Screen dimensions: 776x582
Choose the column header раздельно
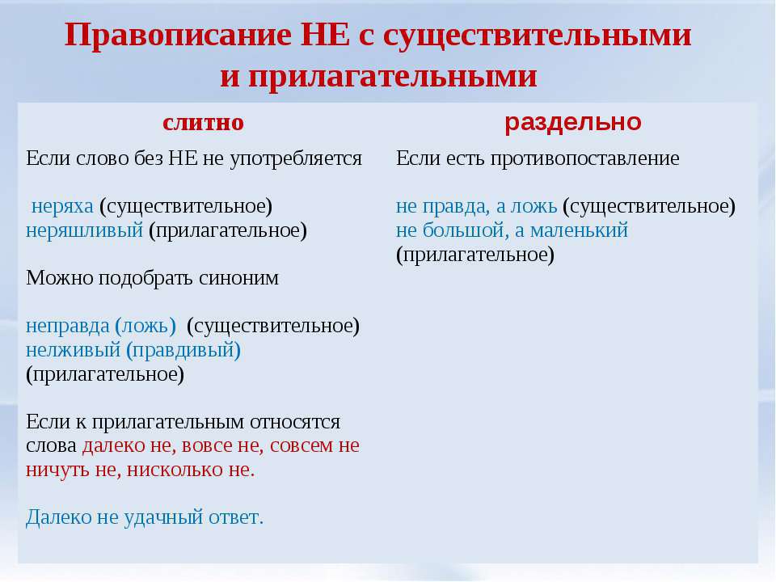(x=572, y=122)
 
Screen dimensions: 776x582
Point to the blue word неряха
(x=62, y=206)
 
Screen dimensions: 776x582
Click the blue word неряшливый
(x=85, y=230)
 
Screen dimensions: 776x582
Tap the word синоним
(x=239, y=277)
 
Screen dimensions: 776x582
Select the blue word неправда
(x=68, y=326)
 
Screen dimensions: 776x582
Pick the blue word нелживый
(x=74, y=350)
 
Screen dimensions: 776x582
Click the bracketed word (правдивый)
(x=183, y=350)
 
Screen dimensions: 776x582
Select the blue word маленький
(x=579, y=230)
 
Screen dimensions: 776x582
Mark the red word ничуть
(x=58, y=470)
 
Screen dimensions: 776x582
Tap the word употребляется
(x=296, y=159)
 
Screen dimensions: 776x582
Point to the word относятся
(x=295, y=422)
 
